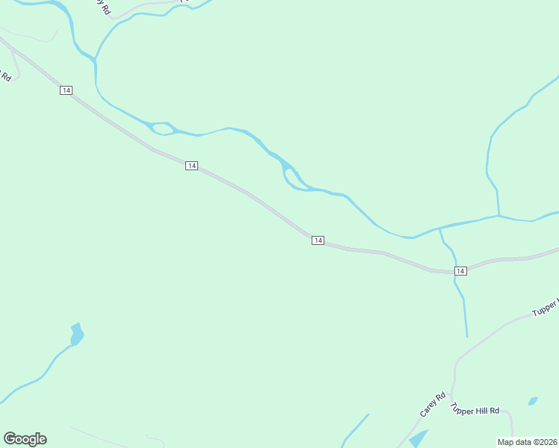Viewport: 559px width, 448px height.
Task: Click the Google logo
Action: [x=25, y=439]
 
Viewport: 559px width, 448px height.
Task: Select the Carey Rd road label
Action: [x=432, y=405]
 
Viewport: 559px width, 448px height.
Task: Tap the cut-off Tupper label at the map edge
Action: [x=546, y=307]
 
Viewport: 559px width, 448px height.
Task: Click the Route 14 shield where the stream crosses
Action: [x=460, y=270]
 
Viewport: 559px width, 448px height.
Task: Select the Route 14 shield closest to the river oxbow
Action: [x=318, y=240]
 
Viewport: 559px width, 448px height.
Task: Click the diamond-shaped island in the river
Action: [x=163, y=128]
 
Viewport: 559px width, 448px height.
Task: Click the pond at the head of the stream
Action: [x=76, y=334]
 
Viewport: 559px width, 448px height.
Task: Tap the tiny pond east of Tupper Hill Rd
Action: [x=532, y=401]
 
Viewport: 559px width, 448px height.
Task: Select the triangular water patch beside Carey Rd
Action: [x=419, y=439]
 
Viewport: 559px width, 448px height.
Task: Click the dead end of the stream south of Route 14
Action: [x=467, y=336]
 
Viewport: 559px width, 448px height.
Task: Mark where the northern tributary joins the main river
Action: [x=498, y=216]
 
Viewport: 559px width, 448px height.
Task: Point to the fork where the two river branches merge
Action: [x=95, y=57]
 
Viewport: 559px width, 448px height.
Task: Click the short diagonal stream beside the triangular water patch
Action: [x=354, y=430]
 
